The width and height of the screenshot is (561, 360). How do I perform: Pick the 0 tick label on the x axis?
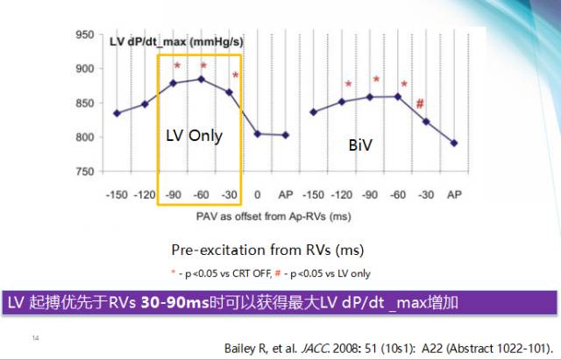(x=258, y=193)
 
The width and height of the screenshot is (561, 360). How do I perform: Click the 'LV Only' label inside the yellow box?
(x=194, y=136)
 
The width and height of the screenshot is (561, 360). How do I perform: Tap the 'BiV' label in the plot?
(x=360, y=145)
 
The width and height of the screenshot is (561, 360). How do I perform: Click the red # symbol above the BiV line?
(x=421, y=103)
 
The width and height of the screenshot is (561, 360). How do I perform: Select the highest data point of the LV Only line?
(x=202, y=79)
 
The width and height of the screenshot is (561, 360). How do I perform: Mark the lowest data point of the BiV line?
(x=454, y=143)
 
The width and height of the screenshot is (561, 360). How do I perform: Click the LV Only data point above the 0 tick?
(x=258, y=134)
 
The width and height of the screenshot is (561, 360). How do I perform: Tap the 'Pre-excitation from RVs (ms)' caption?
(x=266, y=248)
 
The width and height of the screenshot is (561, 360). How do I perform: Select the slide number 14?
(x=35, y=337)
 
